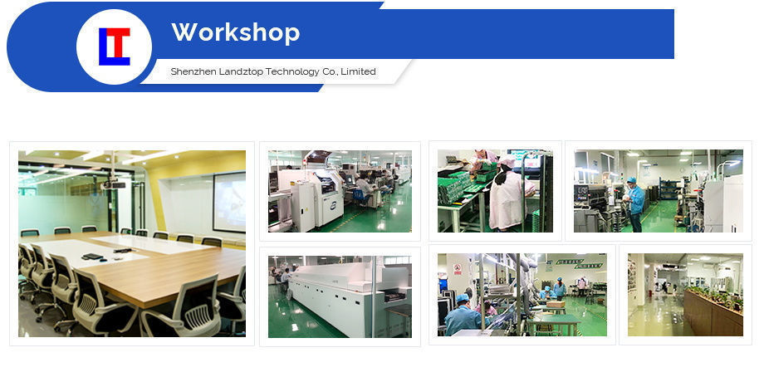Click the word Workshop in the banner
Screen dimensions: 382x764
click(x=235, y=33)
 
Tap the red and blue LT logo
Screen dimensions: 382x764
click(x=114, y=47)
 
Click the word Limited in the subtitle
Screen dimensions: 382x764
click(x=359, y=72)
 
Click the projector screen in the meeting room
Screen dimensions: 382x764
click(x=228, y=201)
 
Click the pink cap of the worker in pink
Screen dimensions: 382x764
click(x=506, y=160)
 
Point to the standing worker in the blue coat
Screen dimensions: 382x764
click(x=635, y=203)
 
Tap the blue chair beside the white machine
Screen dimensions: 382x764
click(x=359, y=196)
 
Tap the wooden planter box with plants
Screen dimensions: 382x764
click(x=713, y=313)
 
